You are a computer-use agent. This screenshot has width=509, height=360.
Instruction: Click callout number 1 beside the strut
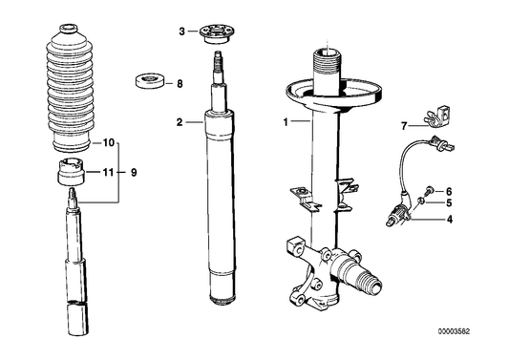[x=284, y=123]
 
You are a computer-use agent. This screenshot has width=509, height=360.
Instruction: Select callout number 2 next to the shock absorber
[x=179, y=122]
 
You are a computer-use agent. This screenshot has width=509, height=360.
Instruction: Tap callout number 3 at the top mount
[x=182, y=32]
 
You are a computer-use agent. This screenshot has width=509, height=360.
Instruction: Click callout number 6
[x=449, y=191]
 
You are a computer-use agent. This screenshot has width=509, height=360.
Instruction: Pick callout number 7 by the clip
[x=403, y=124]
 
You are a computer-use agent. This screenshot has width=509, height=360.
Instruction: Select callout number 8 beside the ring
[x=178, y=84]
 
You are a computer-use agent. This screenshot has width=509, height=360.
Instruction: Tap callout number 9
[x=133, y=173]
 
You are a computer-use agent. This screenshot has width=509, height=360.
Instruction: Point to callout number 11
[x=108, y=173]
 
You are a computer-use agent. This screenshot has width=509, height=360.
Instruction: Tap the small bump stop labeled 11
[x=69, y=176]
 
